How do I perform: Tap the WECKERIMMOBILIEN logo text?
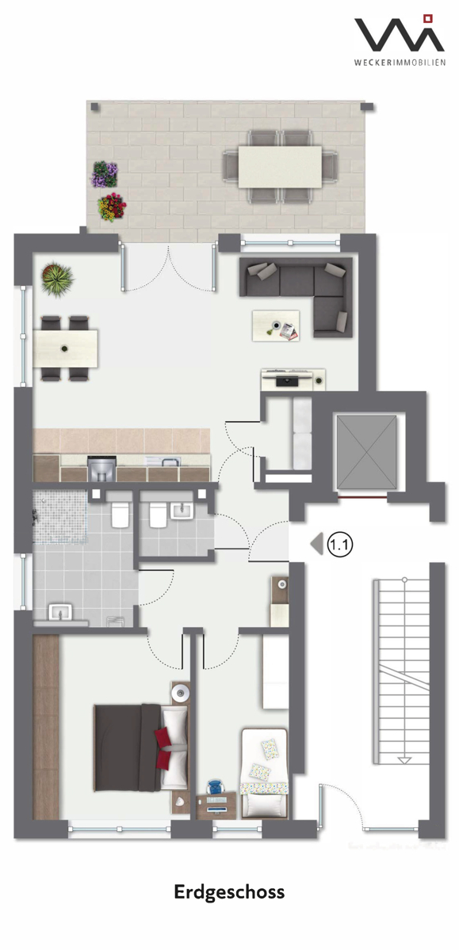coord(400,63)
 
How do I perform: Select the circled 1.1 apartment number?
coord(340,544)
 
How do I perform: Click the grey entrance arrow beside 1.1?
coord(317,544)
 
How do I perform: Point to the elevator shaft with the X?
coord(367,453)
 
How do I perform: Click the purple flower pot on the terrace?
coord(105,174)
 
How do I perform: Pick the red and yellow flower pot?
coord(112,207)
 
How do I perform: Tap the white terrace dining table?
coord(280,167)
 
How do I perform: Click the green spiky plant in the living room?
coord(57,279)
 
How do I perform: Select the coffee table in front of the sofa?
coord(276,325)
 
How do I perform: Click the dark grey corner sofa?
coord(297,293)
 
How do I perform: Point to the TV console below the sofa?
coord(293,379)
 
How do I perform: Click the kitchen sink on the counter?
coord(163,461)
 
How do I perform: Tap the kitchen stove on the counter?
coord(102,468)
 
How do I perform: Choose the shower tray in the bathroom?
coord(60,516)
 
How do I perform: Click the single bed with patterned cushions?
coord(265,773)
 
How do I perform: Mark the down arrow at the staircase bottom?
coord(404,761)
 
